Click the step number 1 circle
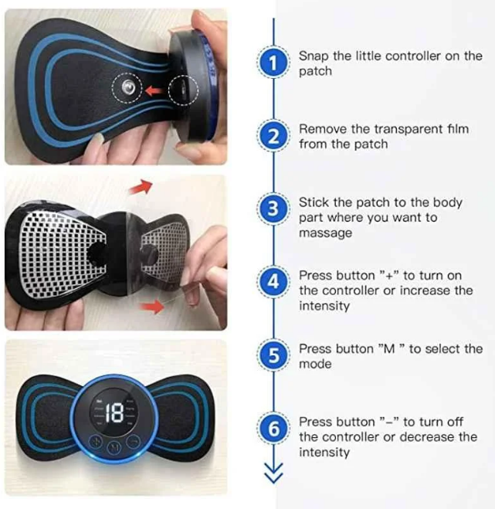273,63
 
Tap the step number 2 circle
273,136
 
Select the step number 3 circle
273,209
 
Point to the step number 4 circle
273,281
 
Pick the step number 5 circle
273,355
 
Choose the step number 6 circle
273,429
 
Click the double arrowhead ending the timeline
273,473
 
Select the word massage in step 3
326,233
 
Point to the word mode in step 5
315,364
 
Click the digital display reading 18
114,413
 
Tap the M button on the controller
114,446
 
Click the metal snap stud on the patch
127,87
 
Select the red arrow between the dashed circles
154,90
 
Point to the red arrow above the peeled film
141,188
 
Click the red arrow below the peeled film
152,307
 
